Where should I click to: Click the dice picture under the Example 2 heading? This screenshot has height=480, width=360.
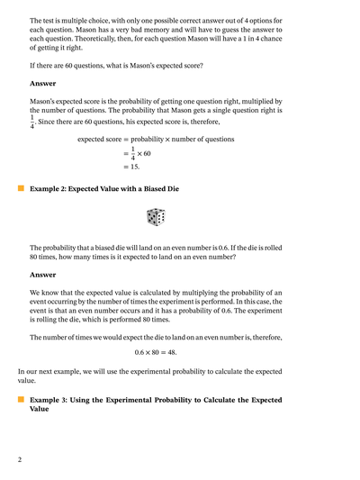coord(156,217)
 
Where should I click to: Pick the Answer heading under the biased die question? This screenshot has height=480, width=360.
coord(42,275)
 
